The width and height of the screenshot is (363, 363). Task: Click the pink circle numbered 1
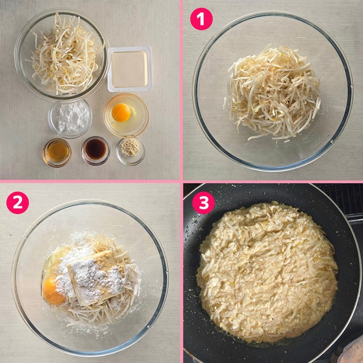201,19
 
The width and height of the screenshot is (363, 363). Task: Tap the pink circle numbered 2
18,203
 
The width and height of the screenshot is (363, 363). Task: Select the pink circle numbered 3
203,203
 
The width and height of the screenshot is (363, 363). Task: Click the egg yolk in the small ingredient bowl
121,112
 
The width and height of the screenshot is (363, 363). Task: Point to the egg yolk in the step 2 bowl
53,292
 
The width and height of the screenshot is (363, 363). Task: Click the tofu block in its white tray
130,69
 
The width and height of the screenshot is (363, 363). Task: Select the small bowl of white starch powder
70,118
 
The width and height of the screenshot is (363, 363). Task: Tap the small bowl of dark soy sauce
96,151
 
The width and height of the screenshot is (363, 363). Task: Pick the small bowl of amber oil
57,153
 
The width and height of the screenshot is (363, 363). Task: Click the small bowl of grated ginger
130,151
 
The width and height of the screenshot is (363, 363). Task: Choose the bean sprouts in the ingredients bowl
66,55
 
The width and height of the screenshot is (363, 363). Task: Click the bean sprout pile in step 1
273,93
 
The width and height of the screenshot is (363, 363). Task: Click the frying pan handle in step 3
354,219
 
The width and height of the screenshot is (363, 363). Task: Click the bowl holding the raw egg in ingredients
126,115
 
